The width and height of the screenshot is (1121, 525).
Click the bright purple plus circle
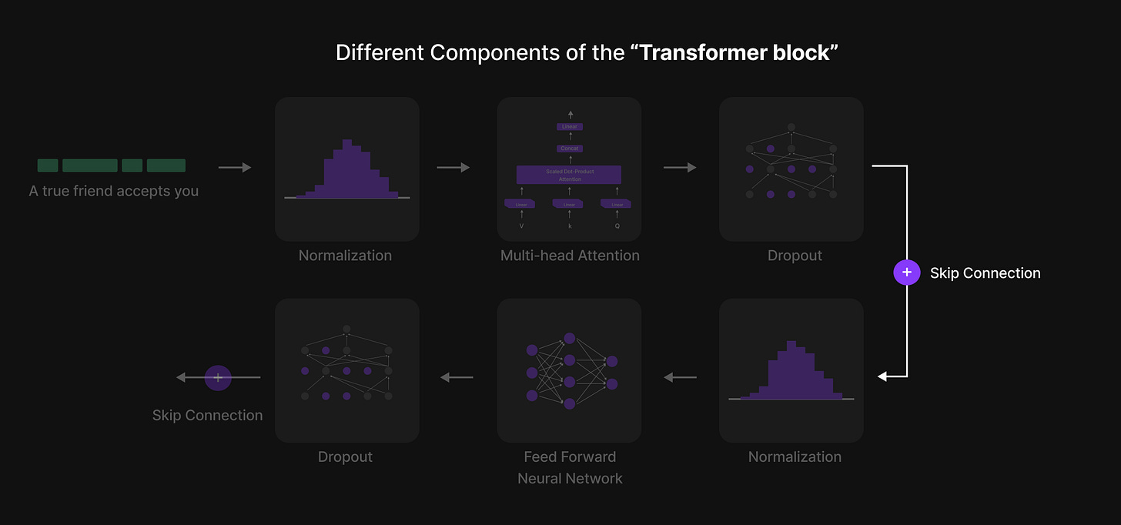coord(907,273)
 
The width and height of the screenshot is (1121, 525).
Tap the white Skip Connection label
coord(985,273)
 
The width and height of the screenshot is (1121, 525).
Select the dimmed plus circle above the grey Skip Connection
coord(218,377)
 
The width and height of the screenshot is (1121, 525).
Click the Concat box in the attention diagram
coord(570,149)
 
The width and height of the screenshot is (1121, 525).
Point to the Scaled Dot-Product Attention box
coord(570,175)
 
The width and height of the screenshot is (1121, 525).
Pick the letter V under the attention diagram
coord(521,226)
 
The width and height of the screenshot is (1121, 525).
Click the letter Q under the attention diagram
coord(617,226)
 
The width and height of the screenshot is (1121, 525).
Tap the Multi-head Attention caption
coord(570,256)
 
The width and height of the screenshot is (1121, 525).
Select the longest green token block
coord(90,166)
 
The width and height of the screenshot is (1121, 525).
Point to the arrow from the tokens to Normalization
coord(235,167)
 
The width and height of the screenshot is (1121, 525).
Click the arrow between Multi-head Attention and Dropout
coord(680,167)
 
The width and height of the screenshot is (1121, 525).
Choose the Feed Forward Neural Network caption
coord(570,467)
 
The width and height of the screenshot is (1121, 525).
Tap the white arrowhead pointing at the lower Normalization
coord(883,376)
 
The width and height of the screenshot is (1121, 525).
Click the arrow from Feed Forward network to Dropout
coord(457,377)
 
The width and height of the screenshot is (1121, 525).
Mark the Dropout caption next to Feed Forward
coord(345,456)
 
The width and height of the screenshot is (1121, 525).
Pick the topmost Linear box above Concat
coord(570,127)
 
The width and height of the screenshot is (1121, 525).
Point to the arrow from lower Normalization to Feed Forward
coord(680,377)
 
